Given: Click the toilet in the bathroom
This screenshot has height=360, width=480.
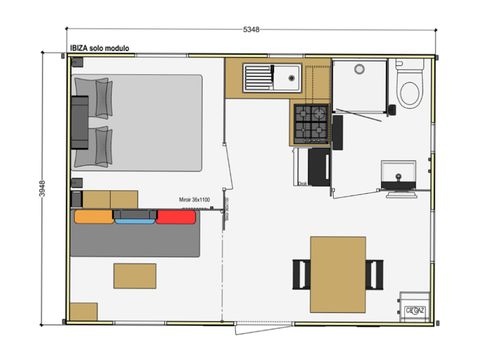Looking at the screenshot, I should tap(408, 88).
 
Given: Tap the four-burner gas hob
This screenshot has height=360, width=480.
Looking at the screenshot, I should tap(308, 124).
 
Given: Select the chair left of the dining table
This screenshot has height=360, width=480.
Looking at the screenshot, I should tap(300, 271).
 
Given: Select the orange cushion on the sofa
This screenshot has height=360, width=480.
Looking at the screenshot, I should tap(91, 216).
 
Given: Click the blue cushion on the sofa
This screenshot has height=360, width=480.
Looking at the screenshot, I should tap(133, 217).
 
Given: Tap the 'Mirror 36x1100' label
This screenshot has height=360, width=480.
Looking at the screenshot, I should tap(195, 200).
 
